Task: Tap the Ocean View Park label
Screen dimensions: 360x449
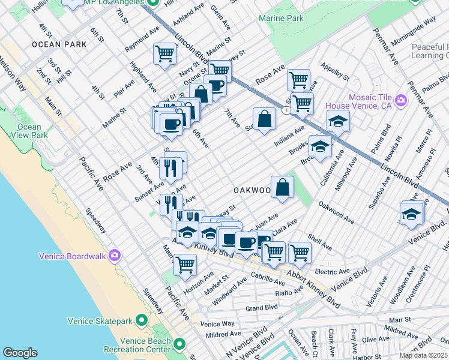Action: [29, 131]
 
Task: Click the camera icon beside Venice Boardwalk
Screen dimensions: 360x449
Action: [115, 256]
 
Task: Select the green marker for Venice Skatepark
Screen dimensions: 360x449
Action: [141, 320]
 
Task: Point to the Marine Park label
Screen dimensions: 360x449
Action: [281, 19]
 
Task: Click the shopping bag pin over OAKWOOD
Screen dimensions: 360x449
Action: [282, 187]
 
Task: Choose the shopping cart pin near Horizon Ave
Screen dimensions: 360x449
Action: [185, 264]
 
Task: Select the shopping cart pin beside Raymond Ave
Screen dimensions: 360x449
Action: [164, 53]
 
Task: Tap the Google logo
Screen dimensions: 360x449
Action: [20, 353]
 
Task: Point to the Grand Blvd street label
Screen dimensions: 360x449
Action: [261, 308]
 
